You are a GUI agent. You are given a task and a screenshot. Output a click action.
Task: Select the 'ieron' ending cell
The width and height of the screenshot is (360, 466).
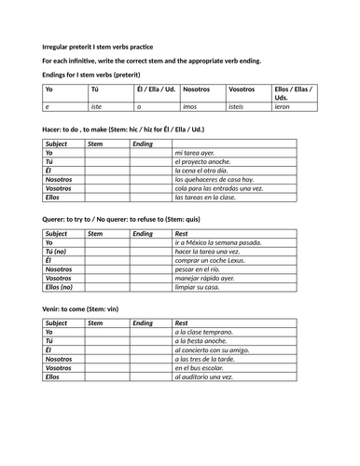point(282,107)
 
